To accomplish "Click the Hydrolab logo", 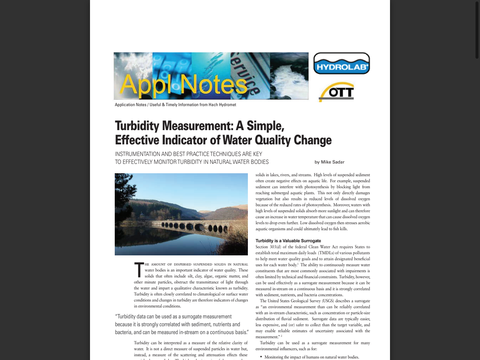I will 341,63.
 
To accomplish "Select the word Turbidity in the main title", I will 137,126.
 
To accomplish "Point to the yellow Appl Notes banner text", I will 183,84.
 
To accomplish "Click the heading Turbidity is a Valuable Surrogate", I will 288,241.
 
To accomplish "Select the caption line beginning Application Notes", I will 175,105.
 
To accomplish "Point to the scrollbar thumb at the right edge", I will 477,30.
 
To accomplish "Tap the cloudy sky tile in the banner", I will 133,64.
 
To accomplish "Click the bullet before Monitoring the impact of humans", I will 261,357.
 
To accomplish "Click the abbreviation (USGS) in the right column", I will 328,301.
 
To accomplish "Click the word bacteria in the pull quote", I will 123,332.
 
